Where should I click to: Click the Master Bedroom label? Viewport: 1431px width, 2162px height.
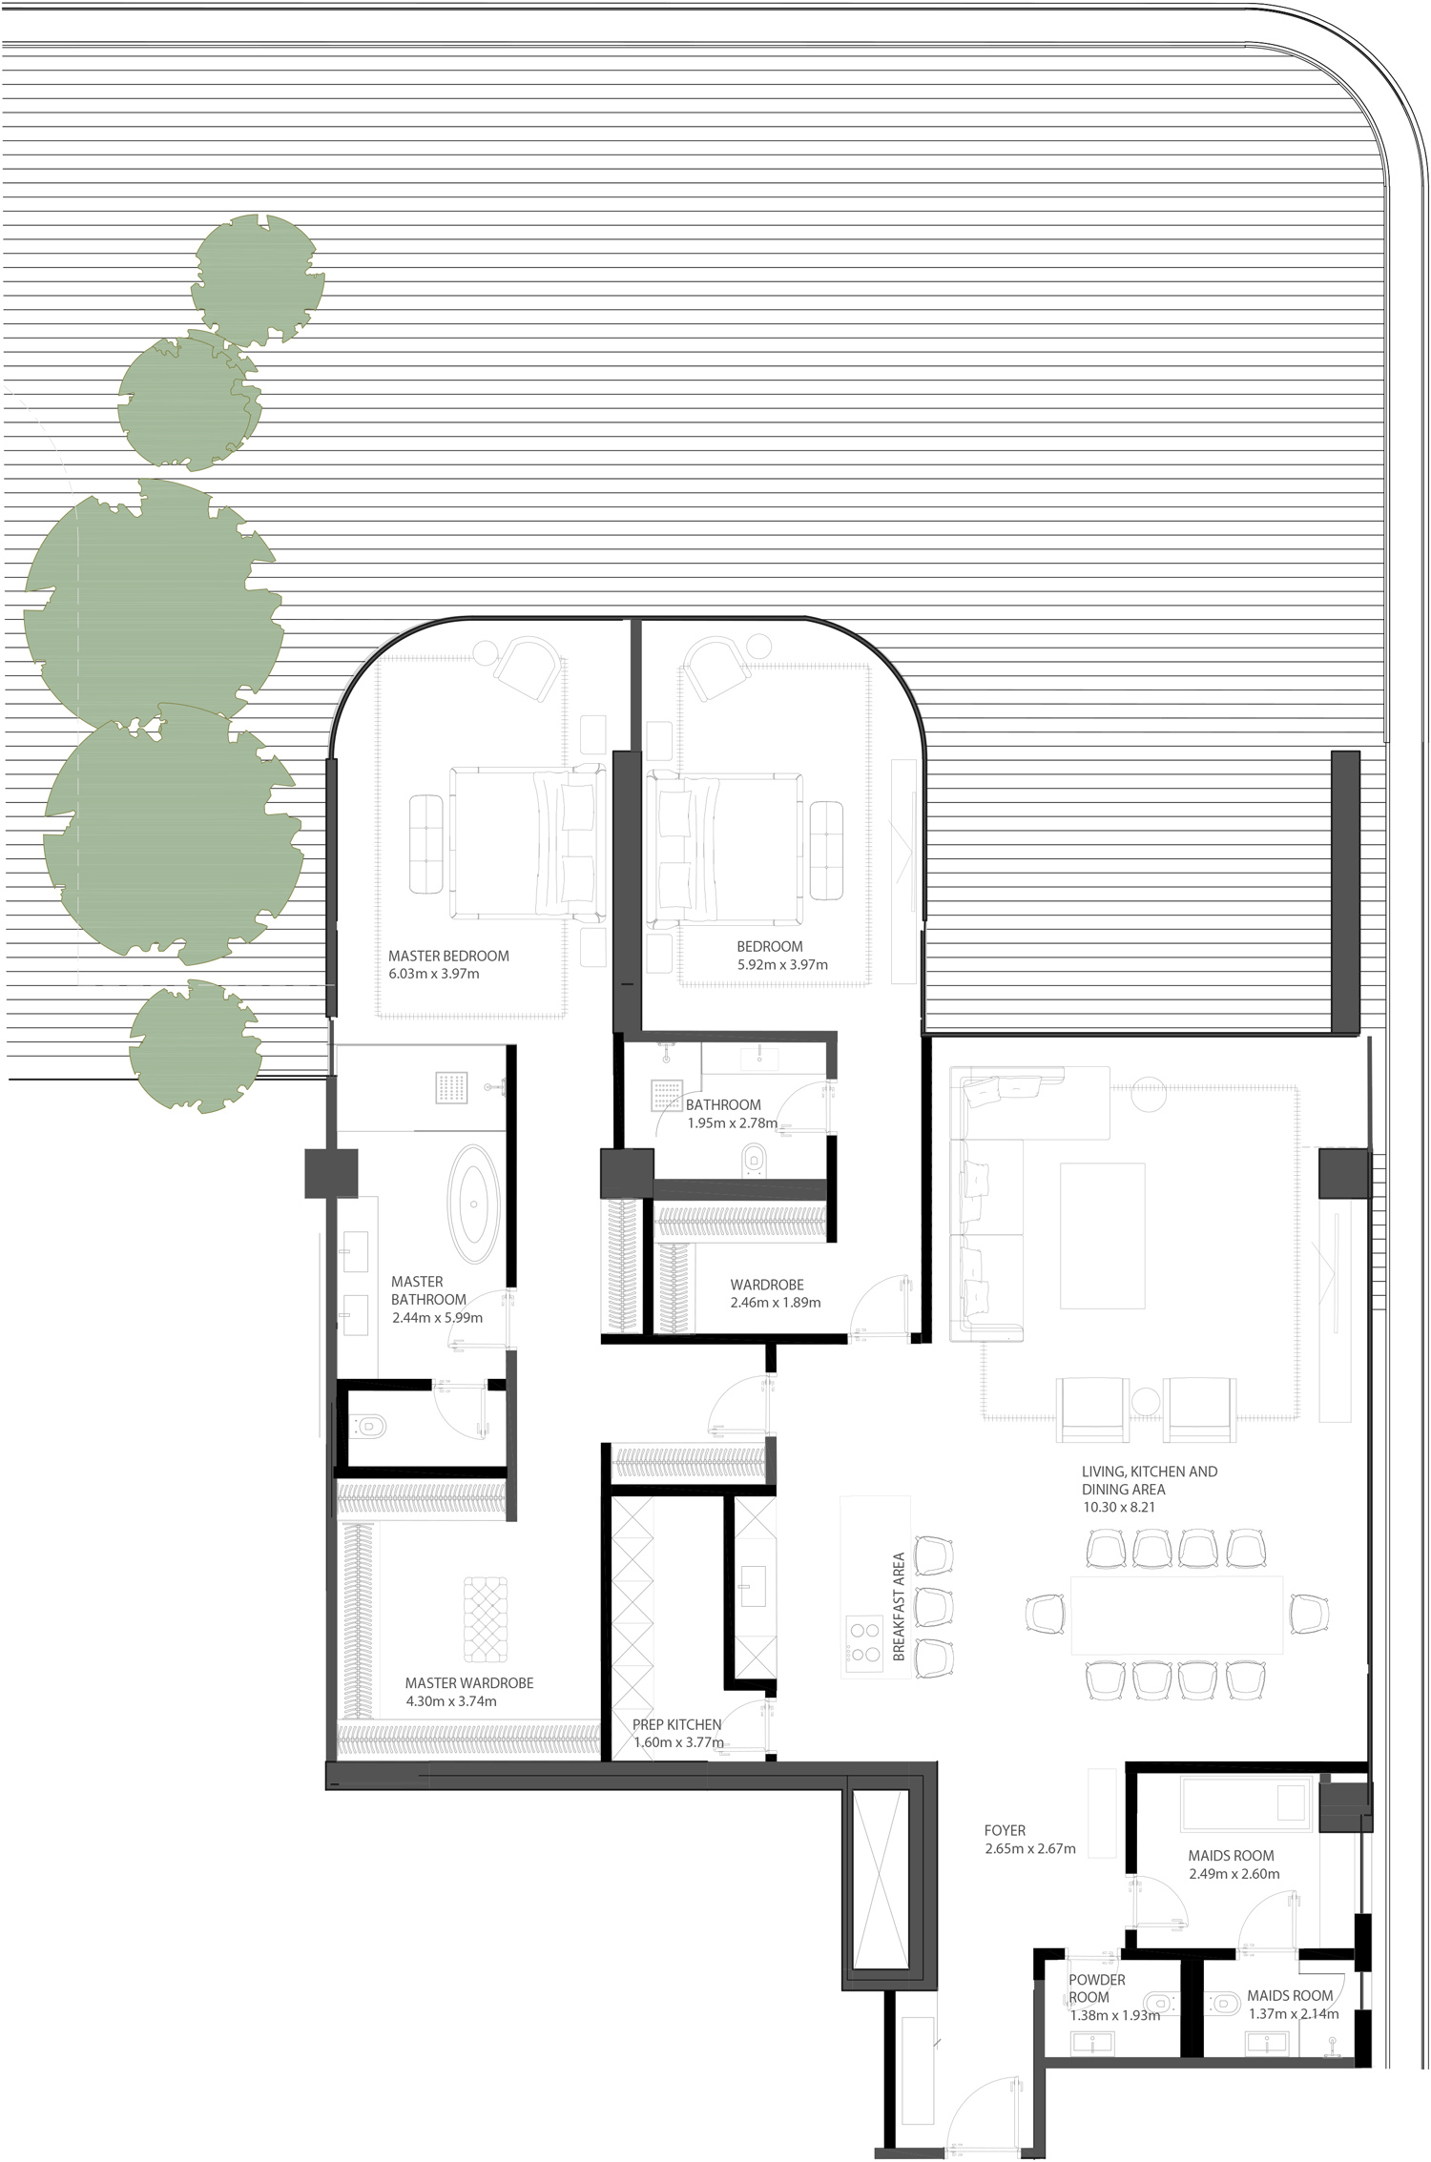pos(448,956)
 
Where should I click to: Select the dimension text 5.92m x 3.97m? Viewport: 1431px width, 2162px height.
pos(781,964)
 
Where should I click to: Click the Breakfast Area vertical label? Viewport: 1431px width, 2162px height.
pos(898,1607)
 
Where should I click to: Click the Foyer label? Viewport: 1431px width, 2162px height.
pos(1005,1830)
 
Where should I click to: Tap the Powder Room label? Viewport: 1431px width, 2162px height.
pos(1096,1988)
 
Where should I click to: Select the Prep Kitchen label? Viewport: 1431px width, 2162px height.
pos(676,1724)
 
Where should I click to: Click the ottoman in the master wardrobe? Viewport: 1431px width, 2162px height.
pos(486,1618)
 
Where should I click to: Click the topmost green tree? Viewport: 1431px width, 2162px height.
pos(257,280)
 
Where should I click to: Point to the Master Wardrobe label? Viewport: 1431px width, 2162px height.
pos(468,1683)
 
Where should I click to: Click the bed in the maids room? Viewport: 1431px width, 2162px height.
pos(1243,1802)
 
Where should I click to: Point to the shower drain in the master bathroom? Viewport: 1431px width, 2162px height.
pos(452,1088)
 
